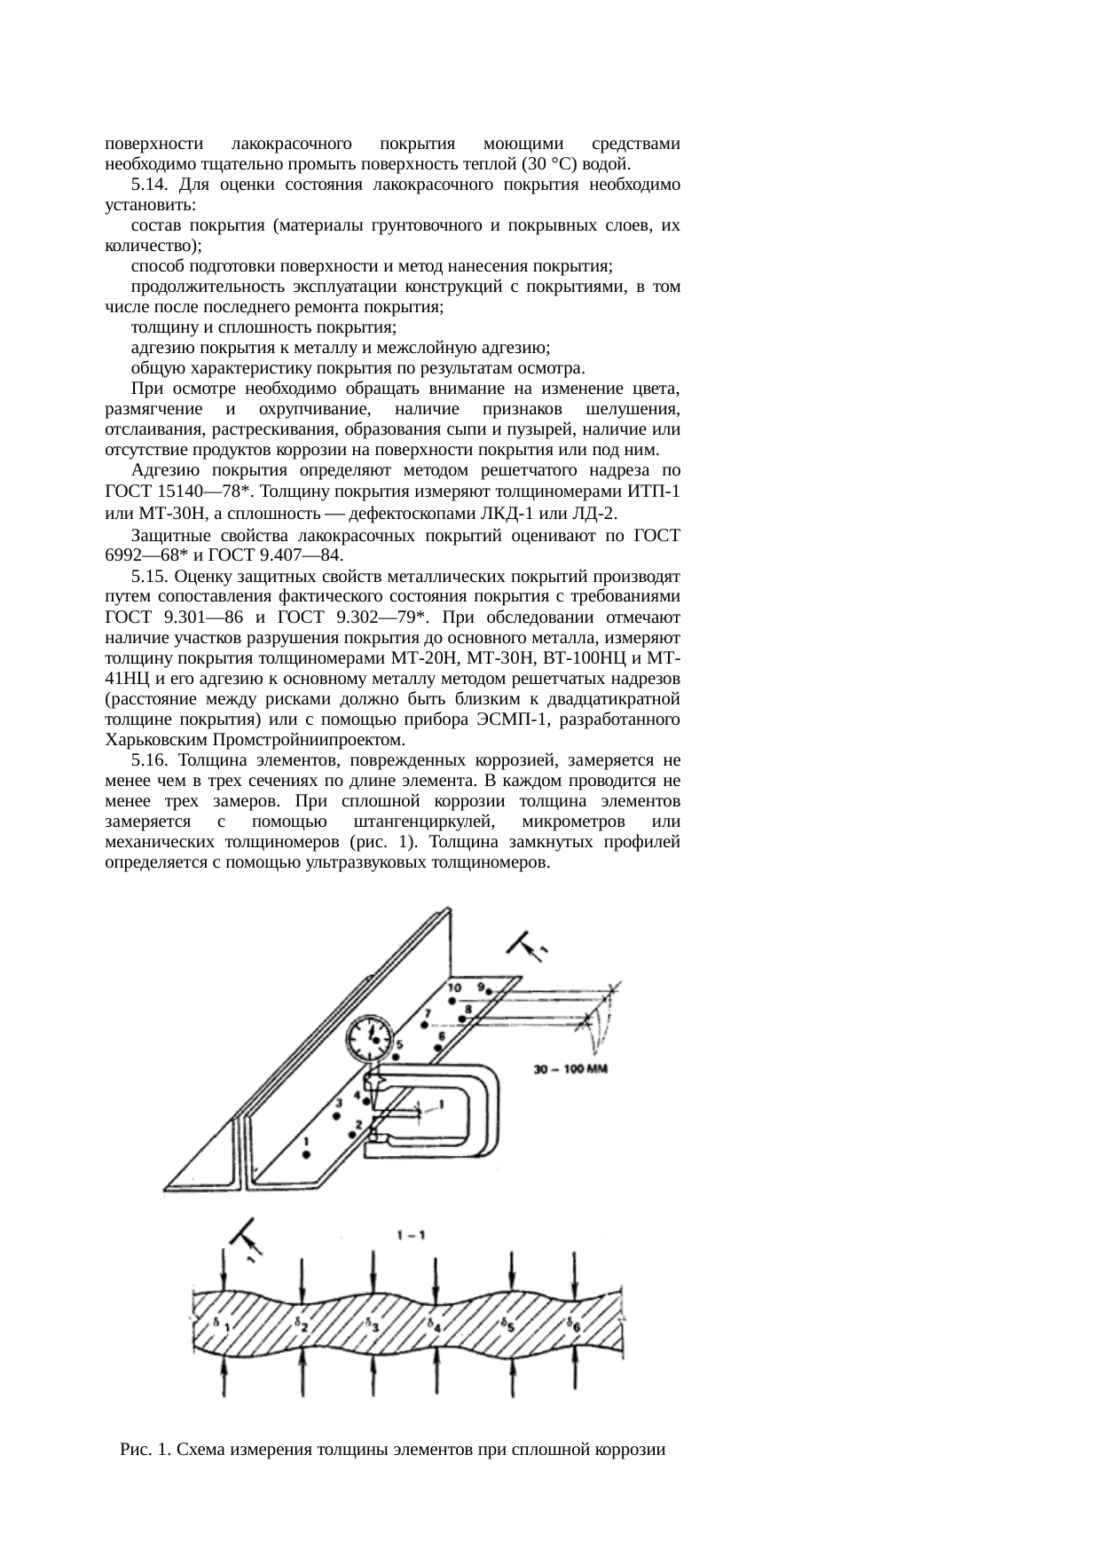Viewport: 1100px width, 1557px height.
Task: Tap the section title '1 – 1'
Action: tap(410, 1235)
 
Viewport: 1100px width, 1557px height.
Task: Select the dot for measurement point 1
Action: tap(305, 1155)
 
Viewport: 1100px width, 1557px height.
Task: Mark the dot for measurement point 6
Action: tap(438, 1048)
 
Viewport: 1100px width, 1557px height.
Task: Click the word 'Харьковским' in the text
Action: tap(156, 739)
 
